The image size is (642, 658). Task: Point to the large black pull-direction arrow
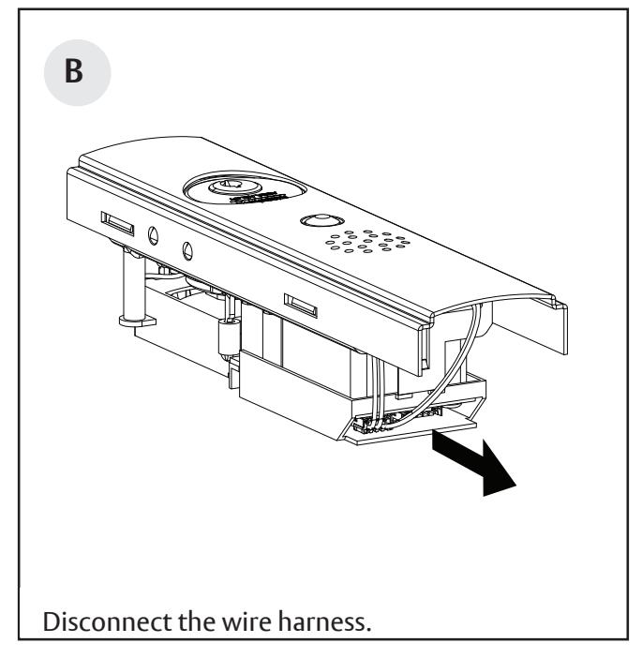pyautogui.click(x=480, y=465)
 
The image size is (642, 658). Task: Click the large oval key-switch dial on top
pyautogui.click(x=241, y=188)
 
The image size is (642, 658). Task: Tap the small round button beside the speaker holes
pyautogui.click(x=317, y=222)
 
